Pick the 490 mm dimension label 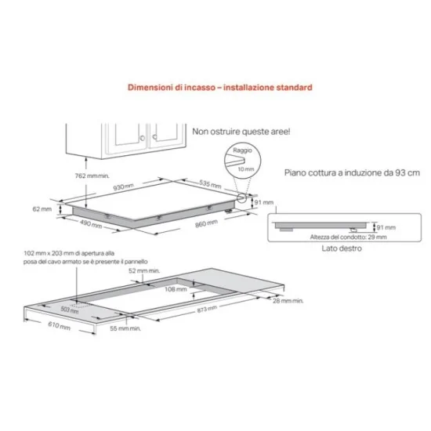coord(92,224)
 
